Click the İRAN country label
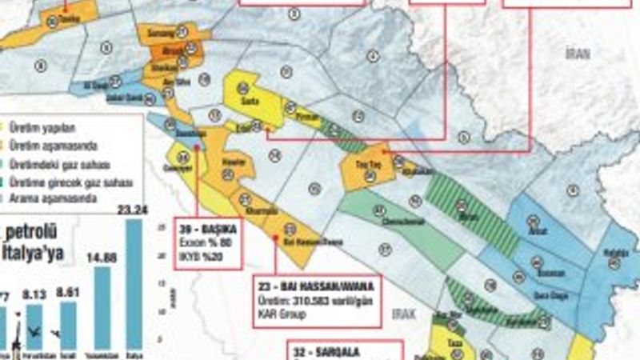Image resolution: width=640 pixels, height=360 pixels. [x=577, y=53]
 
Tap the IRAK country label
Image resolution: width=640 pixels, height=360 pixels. [x=406, y=315]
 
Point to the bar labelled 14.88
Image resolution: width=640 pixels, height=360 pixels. [x=102, y=308]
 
